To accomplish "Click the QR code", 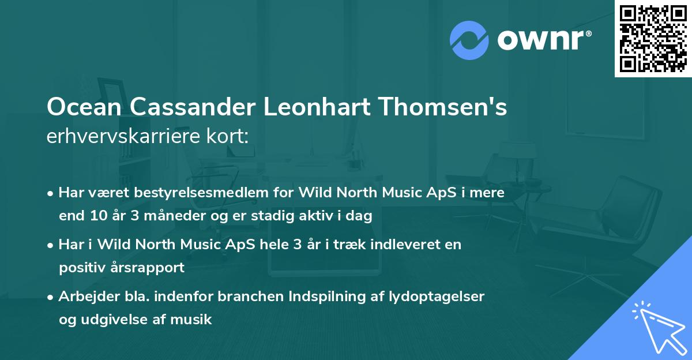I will pyautogui.click(x=652, y=38).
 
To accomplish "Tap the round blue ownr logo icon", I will pyautogui.click(x=469, y=40).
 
